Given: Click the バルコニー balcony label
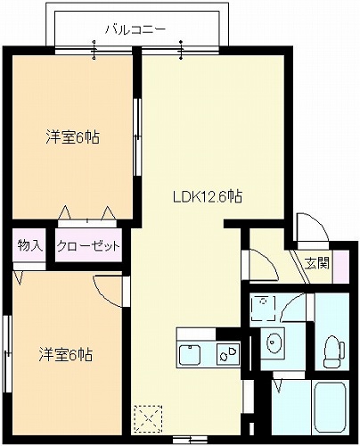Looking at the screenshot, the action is pos(135,29).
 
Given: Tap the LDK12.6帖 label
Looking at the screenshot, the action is pos(208,196).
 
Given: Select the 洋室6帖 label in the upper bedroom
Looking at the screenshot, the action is pos(72,137).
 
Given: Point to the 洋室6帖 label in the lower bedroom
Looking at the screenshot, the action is pos(66,355).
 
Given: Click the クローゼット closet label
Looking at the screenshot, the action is pos(88,246).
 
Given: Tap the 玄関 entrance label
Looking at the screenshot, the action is pos(317,263).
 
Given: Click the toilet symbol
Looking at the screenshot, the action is pos(334,351).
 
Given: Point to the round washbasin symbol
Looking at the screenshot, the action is pos(273,342).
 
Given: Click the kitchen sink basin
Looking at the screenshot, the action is pos(189,354).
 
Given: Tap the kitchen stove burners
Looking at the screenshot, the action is pos(228,354).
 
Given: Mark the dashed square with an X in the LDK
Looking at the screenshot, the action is pos(148,419).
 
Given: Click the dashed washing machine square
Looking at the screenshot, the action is pos(263,308).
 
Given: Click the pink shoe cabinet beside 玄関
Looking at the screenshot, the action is pos(341,267).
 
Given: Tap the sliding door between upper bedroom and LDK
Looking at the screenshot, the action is pos(136,136).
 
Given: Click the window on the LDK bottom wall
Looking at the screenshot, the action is pos(190,439).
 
